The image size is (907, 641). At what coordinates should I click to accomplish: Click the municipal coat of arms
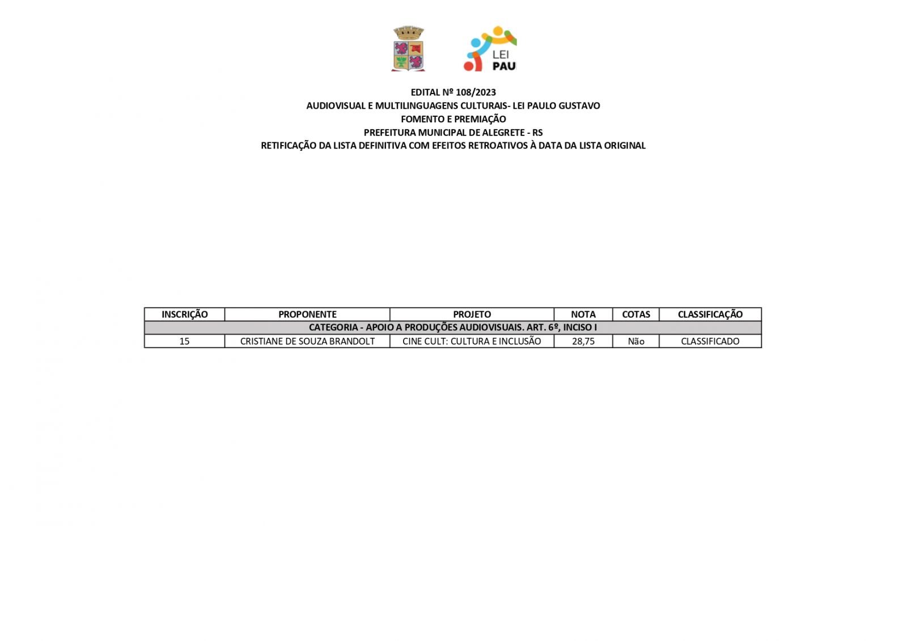pos(408,49)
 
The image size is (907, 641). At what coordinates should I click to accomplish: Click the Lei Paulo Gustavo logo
pos(490,49)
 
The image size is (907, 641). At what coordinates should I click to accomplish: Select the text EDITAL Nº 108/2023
pos(453,92)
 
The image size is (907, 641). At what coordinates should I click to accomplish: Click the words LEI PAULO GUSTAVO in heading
pos(556,106)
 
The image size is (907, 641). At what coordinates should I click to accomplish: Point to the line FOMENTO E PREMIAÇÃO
pos(453,119)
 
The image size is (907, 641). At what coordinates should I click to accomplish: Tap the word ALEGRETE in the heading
pos(497,133)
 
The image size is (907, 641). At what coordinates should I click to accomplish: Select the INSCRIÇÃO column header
pos(184,315)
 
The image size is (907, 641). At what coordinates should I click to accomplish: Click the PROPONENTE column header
pos(307,315)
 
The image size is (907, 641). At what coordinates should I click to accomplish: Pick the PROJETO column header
pos(472,315)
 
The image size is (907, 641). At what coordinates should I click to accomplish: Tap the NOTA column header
pos(583,315)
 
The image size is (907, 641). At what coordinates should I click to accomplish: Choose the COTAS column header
pos(635,315)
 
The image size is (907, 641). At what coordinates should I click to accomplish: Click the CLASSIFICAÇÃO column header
pos(710,315)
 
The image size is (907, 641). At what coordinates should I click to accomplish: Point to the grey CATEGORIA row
pos(452,328)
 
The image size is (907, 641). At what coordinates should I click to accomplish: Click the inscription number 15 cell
pos(184,341)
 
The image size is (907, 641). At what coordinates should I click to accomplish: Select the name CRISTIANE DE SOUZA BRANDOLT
pos(307,341)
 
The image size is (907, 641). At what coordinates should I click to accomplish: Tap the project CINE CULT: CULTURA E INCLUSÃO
pos(472,341)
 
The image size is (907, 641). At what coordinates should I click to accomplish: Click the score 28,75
pos(583,341)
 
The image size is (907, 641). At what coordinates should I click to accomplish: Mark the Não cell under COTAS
pos(635,341)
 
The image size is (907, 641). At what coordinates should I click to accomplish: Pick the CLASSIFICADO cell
pos(710,341)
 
